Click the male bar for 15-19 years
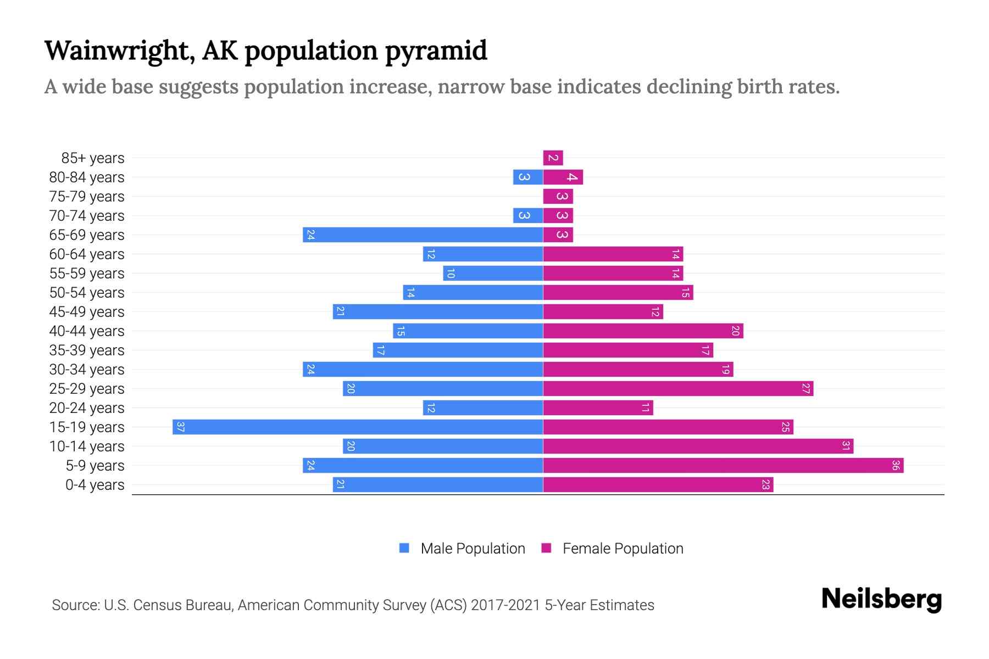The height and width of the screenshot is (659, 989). [x=357, y=427]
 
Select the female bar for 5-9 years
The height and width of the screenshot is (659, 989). [x=723, y=466]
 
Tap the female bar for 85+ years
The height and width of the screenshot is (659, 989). [x=553, y=158]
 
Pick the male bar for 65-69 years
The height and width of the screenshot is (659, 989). [x=423, y=235]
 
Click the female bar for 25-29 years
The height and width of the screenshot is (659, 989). [x=678, y=389]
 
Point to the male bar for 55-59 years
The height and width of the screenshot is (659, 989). [x=493, y=273]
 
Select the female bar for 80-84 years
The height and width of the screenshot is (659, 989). [x=563, y=177]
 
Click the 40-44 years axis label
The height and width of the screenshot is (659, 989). [x=87, y=331]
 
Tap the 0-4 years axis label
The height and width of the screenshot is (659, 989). [x=95, y=485]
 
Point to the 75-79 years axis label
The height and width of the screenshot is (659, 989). [x=87, y=197]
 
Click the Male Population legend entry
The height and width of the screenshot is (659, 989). [x=472, y=549]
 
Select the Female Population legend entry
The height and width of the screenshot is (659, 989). [x=623, y=549]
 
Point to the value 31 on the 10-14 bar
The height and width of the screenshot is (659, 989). [x=846, y=446]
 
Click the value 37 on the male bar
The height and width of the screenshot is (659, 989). [x=180, y=427]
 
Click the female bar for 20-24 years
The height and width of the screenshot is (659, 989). [x=598, y=408]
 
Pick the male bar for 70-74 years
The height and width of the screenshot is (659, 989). [x=528, y=216]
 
